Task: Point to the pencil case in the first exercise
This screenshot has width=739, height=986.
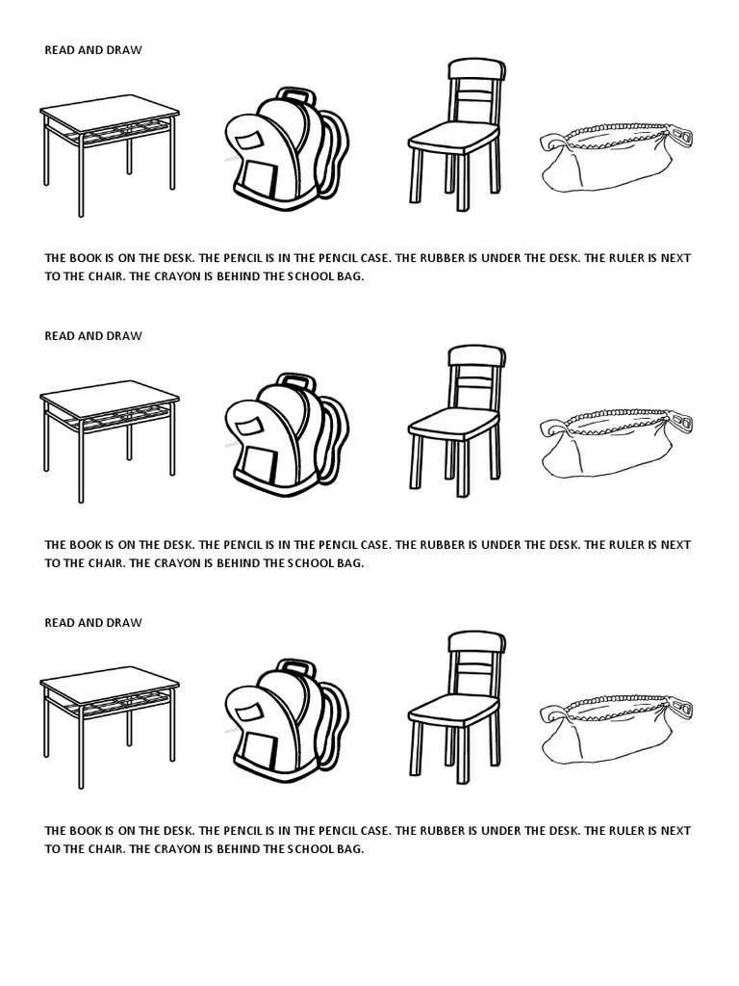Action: [614, 159]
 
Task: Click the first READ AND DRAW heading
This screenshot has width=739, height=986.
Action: [93, 50]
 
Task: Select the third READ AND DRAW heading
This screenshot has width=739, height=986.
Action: [93, 623]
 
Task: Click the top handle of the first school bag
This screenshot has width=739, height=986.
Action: [295, 95]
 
